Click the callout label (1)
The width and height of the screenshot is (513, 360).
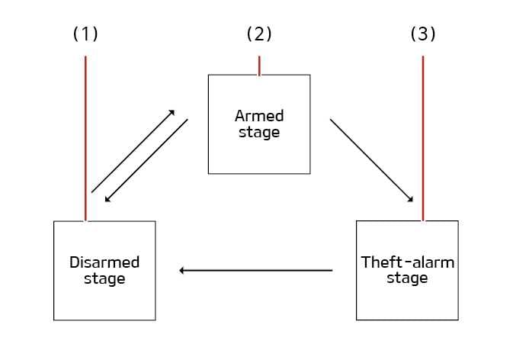tap(85, 34)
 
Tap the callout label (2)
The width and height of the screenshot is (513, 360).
tap(259, 34)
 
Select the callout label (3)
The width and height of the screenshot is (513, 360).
tap(423, 34)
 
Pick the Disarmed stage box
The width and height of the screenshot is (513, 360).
tap(104, 297)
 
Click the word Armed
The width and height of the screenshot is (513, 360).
tap(259, 116)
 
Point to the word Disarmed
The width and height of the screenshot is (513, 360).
tap(104, 262)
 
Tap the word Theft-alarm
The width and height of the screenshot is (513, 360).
tap(407, 262)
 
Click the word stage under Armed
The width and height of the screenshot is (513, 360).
tap(259, 132)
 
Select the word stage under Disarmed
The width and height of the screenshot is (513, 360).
tap(104, 278)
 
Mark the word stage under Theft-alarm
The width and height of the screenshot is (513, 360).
tap(407, 278)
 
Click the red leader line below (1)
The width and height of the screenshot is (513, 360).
tap(85, 137)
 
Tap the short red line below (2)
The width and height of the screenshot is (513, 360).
tap(259, 66)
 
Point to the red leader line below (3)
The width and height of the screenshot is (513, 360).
tap(423, 137)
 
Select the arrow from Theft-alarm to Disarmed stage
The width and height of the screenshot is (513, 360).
tap(255, 270)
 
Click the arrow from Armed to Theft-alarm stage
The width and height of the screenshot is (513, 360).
tap(371, 160)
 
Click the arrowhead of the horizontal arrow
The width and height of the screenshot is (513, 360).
tap(182, 270)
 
